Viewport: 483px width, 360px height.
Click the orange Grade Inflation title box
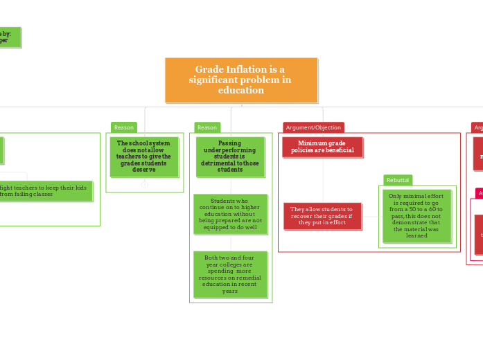coord(241,80)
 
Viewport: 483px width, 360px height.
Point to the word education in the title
coord(240,91)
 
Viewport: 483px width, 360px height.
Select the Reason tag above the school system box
coord(124,127)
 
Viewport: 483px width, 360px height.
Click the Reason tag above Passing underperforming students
coord(207,127)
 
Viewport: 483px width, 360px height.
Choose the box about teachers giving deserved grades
coord(143,156)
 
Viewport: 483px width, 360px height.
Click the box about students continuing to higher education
coord(231,214)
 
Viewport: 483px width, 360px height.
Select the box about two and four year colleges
coord(230,274)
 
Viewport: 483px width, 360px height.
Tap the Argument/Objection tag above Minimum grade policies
coord(313,127)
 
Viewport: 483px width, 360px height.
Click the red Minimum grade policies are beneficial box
coord(322,147)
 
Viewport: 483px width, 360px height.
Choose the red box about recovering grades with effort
coord(322,216)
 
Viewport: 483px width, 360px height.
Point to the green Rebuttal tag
coord(398,180)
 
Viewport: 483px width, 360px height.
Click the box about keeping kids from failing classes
coord(45,191)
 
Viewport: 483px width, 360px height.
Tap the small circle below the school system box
coord(144,185)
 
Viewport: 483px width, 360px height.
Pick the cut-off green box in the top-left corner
coord(10,37)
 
